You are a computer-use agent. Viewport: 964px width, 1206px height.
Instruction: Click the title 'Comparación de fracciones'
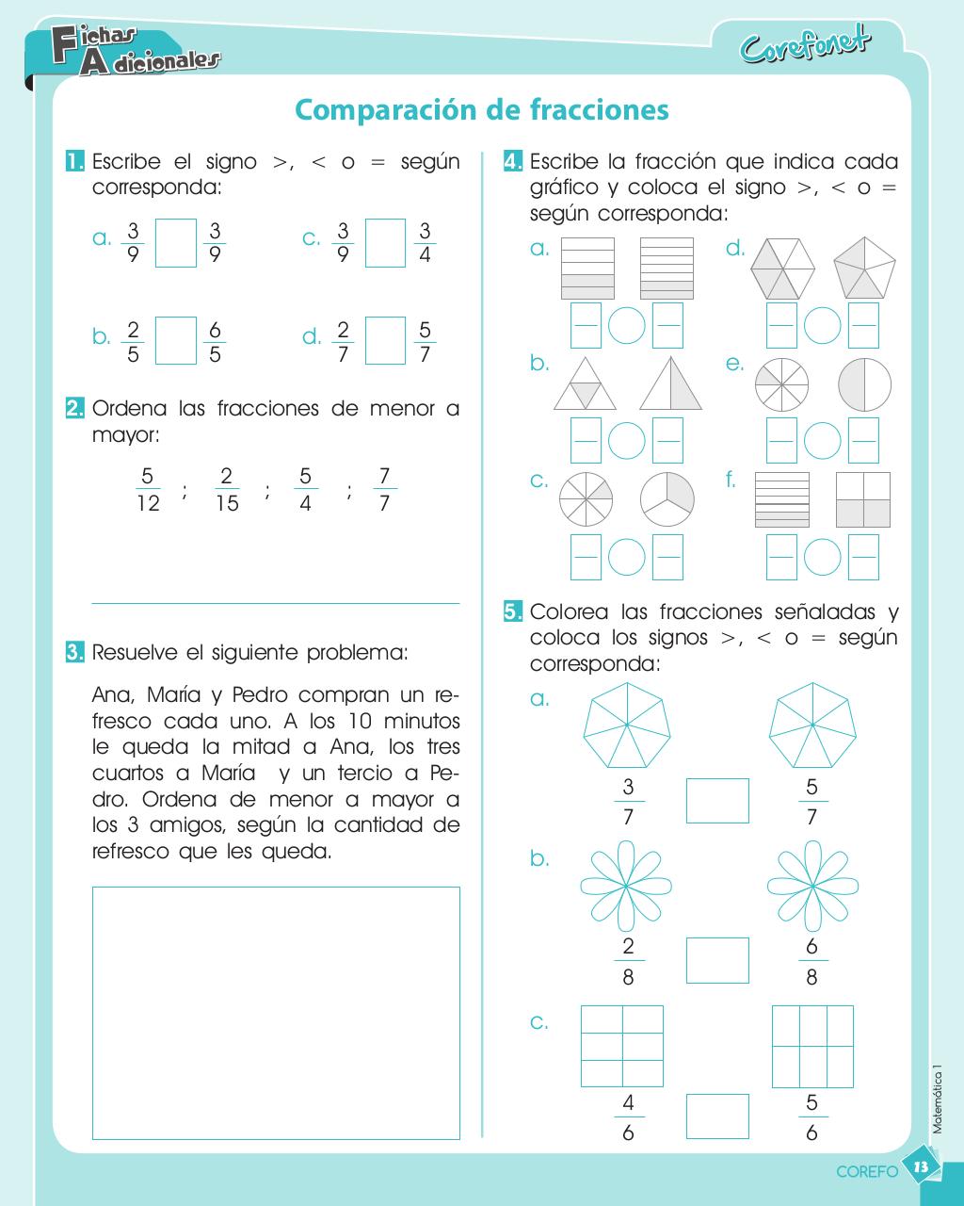482,110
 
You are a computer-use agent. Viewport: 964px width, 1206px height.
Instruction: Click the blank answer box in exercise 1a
175,243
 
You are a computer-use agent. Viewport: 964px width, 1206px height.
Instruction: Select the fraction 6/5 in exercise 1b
215,341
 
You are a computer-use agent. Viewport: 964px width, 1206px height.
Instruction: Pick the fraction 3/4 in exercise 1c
425,243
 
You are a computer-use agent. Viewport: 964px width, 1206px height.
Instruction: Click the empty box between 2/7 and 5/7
385,341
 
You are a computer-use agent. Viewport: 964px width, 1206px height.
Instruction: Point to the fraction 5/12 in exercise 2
148,489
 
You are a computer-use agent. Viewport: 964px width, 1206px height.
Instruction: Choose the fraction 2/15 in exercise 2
227,489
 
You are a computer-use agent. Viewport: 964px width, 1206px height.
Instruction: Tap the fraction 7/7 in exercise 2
383,489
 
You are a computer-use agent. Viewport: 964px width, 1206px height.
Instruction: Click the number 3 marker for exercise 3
74,652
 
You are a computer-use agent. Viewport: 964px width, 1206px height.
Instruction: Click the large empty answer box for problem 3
276,1013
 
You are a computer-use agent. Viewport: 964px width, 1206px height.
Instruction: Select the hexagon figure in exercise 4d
782,267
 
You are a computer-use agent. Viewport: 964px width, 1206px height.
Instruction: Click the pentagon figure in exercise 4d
864,267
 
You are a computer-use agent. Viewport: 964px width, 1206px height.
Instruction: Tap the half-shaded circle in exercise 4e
864,384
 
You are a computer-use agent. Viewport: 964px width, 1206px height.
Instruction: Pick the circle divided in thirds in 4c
667,498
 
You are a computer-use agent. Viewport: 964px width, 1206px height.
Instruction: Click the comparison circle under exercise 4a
626,325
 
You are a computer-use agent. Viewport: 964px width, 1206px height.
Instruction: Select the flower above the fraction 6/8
811,886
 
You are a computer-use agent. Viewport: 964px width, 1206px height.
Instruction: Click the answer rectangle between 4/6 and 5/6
717,1116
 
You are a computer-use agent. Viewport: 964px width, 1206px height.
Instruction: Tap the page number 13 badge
922,1167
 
